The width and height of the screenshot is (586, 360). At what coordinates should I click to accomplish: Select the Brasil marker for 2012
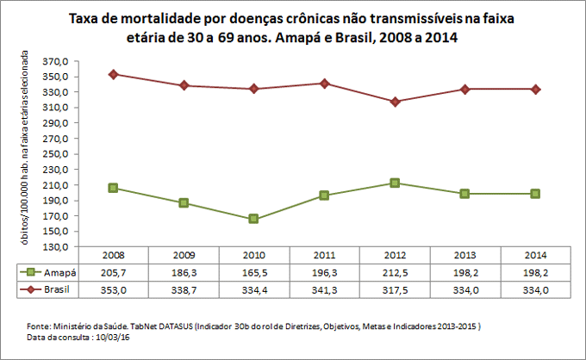pos(395,102)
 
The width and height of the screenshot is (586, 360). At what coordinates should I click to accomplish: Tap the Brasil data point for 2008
pos(114,74)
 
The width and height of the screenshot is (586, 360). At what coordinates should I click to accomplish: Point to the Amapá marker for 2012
pos(395,183)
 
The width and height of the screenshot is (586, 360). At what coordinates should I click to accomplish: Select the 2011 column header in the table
pos(324,256)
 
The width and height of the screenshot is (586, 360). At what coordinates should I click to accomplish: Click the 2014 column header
pos(535,256)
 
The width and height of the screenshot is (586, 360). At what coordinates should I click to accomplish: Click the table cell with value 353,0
pos(114,290)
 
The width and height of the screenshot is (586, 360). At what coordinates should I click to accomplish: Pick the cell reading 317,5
pos(395,290)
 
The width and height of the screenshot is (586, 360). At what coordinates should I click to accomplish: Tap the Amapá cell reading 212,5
pos(395,272)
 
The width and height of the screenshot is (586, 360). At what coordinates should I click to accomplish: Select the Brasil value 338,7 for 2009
pos(184,290)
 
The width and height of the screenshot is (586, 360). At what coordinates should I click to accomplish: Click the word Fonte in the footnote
pos(41,326)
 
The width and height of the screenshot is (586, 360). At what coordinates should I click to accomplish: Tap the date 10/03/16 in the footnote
pos(109,338)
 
